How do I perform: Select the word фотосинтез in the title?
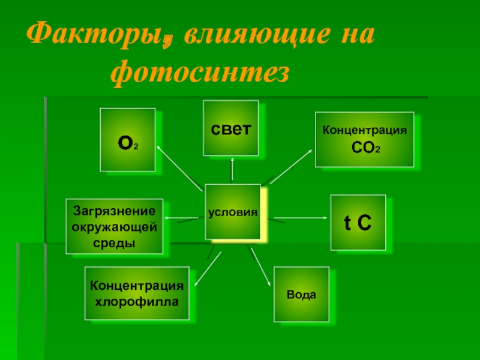click(200, 74)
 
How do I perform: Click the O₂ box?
click(127, 140)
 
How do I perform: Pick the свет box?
click(230, 128)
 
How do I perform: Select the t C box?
click(358, 222)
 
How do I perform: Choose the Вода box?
click(301, 295)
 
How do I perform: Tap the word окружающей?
click(115, 226)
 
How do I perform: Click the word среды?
click(115, 242)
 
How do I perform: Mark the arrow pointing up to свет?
click(232, 170)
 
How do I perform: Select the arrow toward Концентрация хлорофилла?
click(208, 263)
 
